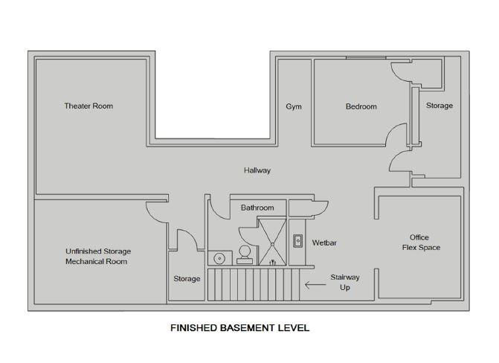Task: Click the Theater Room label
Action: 88,106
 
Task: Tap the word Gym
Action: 294,106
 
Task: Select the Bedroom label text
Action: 361,106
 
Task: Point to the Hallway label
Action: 257,170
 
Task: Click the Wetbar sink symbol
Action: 297,241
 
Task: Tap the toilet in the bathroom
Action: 245,255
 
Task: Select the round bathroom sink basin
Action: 219,258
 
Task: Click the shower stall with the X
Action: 272,242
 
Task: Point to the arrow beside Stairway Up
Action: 315,284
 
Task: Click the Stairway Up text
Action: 345,282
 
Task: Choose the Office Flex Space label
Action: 421,242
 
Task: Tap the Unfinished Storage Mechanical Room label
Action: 98,257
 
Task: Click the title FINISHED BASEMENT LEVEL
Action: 240,327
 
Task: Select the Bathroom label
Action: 257,208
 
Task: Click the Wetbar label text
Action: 324,242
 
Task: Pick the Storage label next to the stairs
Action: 187,279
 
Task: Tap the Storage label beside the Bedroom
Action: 440,106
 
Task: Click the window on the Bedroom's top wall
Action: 366,57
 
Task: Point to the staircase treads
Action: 254,284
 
